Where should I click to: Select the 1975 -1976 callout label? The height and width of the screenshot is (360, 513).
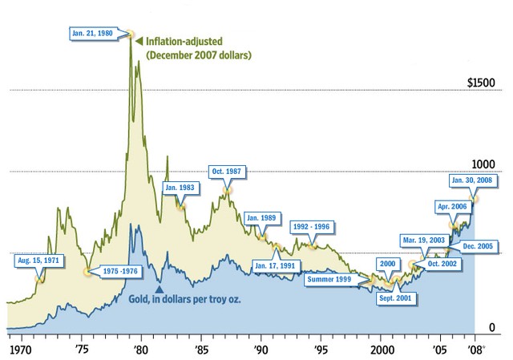point(121,272)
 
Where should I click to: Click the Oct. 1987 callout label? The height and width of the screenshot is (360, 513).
point(227,171)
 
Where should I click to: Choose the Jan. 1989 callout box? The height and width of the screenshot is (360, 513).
point(262,217)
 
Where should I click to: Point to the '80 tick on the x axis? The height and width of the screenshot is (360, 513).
point(140,350)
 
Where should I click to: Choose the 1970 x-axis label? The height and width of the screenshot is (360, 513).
point(20,350)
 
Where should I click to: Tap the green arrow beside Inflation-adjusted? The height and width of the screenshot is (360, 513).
point(138,40)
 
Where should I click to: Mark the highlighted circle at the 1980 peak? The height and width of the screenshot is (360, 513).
point(130,34)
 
